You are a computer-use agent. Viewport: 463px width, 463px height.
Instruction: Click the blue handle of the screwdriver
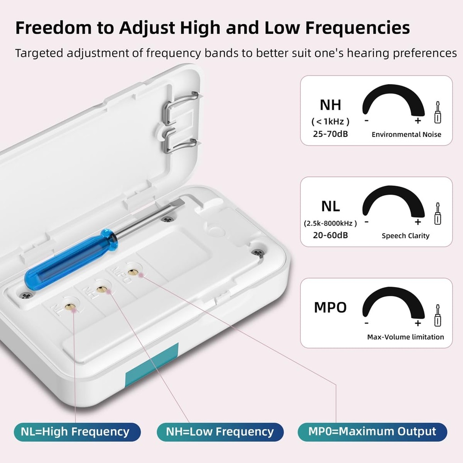71,260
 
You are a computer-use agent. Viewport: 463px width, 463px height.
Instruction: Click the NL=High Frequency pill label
77,432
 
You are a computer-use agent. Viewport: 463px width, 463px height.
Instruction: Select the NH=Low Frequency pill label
220,432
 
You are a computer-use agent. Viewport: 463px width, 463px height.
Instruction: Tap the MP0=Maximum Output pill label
373,432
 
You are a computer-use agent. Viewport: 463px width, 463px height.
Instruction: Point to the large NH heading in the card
331,105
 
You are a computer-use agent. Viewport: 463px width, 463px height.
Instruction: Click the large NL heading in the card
331,206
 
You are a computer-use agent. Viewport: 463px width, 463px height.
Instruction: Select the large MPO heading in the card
330,307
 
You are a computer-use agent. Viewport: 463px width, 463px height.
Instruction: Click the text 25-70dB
331,134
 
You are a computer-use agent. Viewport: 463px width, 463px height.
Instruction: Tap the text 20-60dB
331,235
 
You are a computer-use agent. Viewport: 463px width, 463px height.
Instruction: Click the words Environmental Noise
406,135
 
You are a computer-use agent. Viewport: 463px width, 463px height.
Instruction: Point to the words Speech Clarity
406,236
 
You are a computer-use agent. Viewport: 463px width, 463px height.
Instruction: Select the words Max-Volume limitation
406,337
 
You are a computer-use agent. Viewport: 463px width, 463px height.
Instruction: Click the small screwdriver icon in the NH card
438,112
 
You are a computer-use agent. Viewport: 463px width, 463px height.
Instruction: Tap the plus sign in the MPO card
417,323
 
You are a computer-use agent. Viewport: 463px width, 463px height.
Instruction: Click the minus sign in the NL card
366,222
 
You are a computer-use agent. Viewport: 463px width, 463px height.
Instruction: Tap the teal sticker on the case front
152,365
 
